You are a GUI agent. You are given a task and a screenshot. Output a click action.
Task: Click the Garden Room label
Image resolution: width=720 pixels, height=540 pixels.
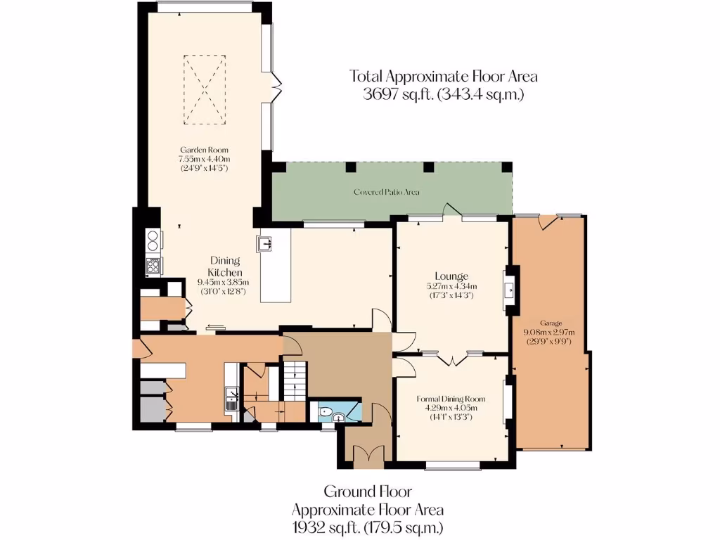[204, 150]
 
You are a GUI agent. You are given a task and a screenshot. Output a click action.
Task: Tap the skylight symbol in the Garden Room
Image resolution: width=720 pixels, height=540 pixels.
[205, 90]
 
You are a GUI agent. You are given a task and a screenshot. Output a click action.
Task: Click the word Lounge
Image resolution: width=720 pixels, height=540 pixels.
[451, 276]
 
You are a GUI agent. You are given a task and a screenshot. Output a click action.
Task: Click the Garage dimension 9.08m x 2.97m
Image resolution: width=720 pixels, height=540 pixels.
[549, 333]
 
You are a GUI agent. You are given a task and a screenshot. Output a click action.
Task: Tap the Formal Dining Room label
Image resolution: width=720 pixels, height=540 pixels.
[452, 399]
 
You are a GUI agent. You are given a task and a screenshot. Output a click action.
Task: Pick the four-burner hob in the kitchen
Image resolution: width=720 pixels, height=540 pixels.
[153, 265]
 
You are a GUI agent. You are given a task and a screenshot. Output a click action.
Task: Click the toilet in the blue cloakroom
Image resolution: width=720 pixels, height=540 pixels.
[324, 411]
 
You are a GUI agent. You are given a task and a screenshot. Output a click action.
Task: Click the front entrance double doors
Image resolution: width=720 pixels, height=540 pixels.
[366, 456]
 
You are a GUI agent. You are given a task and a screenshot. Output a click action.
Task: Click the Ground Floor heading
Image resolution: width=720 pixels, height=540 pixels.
[367, 491]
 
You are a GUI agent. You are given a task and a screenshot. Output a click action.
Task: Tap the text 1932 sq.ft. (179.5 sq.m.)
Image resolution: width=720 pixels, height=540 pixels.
[367, 527]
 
